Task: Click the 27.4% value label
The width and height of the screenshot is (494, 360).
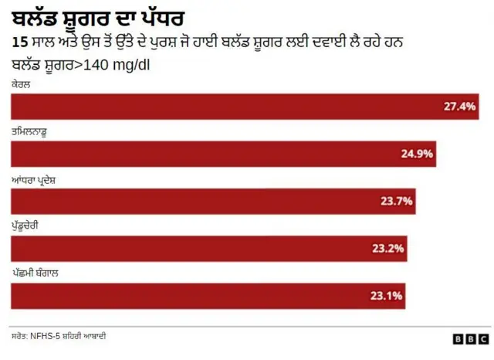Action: [459, 106]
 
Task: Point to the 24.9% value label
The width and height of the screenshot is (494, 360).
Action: [417, 154]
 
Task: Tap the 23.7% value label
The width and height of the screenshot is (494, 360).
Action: [397, 202]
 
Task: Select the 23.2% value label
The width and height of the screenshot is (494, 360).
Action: [388, 249]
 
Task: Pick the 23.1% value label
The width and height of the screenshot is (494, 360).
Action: [387, 296]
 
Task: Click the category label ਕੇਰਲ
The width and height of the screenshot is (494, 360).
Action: [21, 83]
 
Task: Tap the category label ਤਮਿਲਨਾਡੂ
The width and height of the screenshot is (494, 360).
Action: [34, 132]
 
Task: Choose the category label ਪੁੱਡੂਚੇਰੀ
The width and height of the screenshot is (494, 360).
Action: [30, 226]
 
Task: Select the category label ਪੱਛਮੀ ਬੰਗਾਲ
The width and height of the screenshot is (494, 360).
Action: [36, 273]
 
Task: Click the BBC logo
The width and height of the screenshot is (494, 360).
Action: [470, 339]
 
